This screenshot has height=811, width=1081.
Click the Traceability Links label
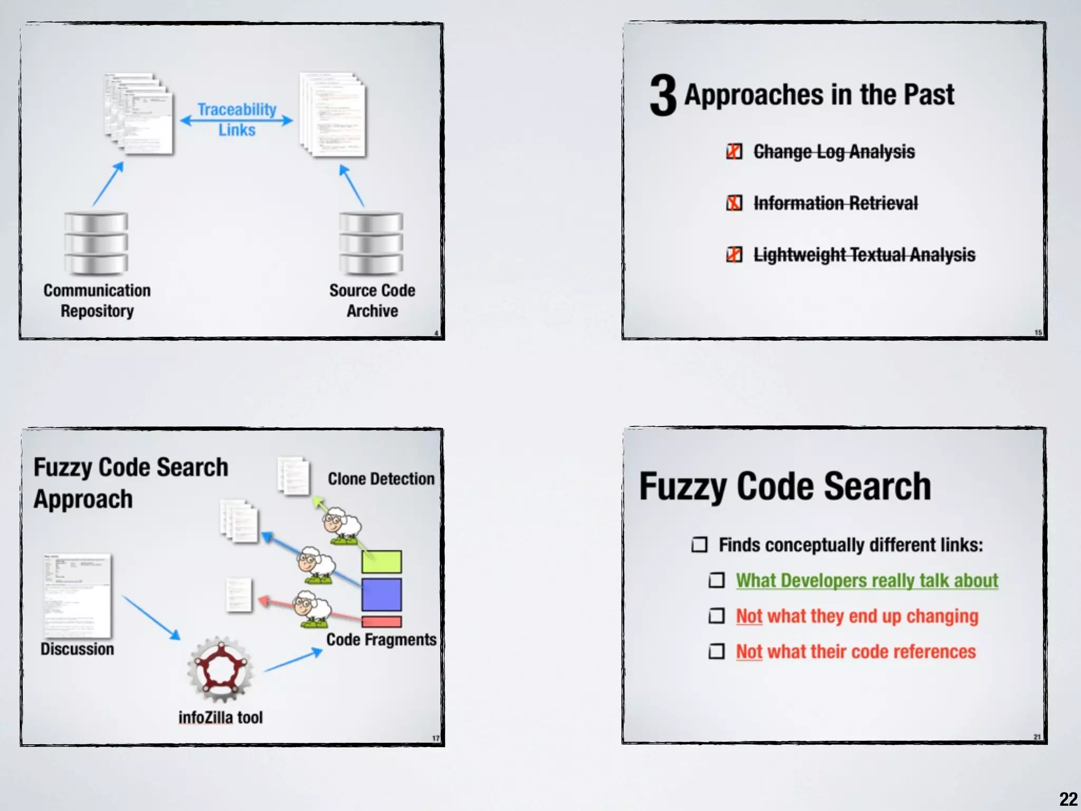coord(237,120)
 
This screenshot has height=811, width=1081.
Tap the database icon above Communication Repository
coord(96,243)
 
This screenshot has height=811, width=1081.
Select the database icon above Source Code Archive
coord(371,243)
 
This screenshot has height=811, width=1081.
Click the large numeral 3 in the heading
coord(663,95)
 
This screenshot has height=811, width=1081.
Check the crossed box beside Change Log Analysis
coord(734,152)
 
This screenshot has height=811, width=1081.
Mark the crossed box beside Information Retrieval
coord(734,203)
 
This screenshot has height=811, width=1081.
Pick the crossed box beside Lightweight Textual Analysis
coord(734,254)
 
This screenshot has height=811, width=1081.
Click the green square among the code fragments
coord(381,561)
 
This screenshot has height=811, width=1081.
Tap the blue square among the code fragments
coord(381,595)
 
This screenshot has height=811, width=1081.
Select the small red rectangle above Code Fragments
coord(381,621)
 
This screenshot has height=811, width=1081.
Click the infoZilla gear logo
coord(220,669)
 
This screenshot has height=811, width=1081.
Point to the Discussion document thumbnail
coord(78,596)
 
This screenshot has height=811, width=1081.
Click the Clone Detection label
coord(381,478)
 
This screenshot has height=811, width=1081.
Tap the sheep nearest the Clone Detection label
coord(342,525)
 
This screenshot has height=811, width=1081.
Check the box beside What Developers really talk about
coord(716,580)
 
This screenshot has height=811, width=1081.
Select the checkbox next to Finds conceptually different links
coord(699,544)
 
